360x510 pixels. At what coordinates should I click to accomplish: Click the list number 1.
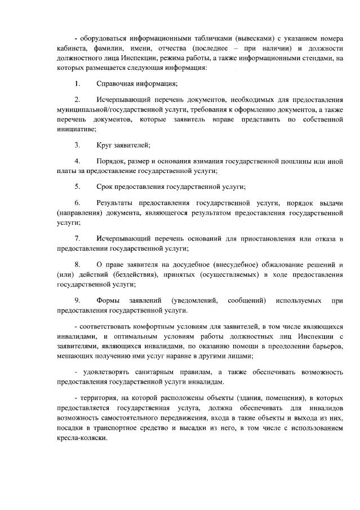(77, 85)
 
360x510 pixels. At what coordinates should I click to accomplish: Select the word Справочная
(114, 85)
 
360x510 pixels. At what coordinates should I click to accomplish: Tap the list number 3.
(77, 145)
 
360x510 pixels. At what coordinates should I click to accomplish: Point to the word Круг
(105, 145)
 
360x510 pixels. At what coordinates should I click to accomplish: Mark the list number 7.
(77, 239)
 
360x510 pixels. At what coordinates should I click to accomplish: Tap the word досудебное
(188, 264)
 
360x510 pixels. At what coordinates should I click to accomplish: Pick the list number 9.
(77, 300)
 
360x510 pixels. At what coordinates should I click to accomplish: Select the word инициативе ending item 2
(77, 129)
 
